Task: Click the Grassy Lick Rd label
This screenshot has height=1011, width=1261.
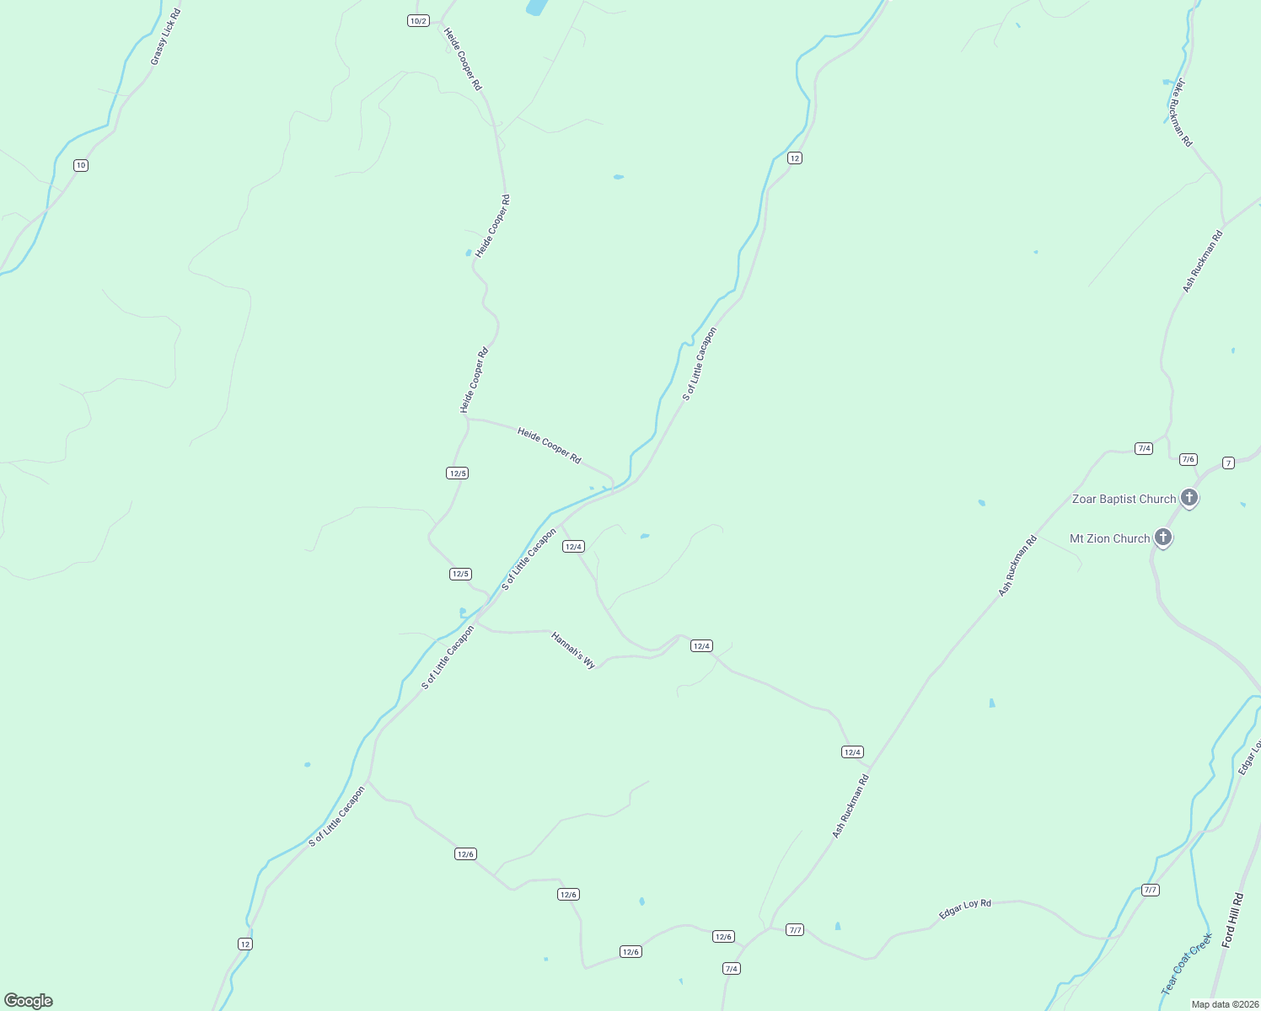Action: click(x=166, y=37)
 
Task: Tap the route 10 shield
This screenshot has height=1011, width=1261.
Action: click(x=81, y=165)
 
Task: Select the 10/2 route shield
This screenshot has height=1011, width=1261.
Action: click(x=419, y=20)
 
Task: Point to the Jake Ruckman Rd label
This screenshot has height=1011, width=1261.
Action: click(x=1180, y=113)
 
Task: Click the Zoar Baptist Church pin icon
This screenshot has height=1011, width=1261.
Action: click(x=1189, y=498)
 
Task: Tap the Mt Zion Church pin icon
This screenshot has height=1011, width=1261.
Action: click(x=1163, y=538)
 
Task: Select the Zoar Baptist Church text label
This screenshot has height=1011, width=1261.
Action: click(x=1124, y=499)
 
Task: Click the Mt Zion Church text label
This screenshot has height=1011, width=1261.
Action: click(x=1109, y=538)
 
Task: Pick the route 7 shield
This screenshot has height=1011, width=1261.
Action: click(x=1228, y=463)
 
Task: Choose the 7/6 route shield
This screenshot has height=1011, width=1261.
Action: click(x=1188, y=459)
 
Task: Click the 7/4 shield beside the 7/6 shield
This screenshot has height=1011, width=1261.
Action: click(x=1144, y=448)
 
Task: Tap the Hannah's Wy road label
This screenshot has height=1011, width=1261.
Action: click(x=573, y=650)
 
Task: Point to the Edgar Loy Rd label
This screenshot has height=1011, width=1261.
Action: click(x=965, y=909)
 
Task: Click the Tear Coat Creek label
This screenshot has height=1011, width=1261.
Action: click(x=1186, y=963)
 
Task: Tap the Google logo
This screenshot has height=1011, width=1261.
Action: click(x=29, y=1001)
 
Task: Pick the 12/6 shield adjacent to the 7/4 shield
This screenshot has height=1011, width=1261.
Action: click(x=723, y=937)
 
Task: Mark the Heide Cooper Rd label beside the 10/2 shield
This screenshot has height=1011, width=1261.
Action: click(x=463, y=59)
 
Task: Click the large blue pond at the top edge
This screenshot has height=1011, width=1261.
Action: click(x=536, y=8)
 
